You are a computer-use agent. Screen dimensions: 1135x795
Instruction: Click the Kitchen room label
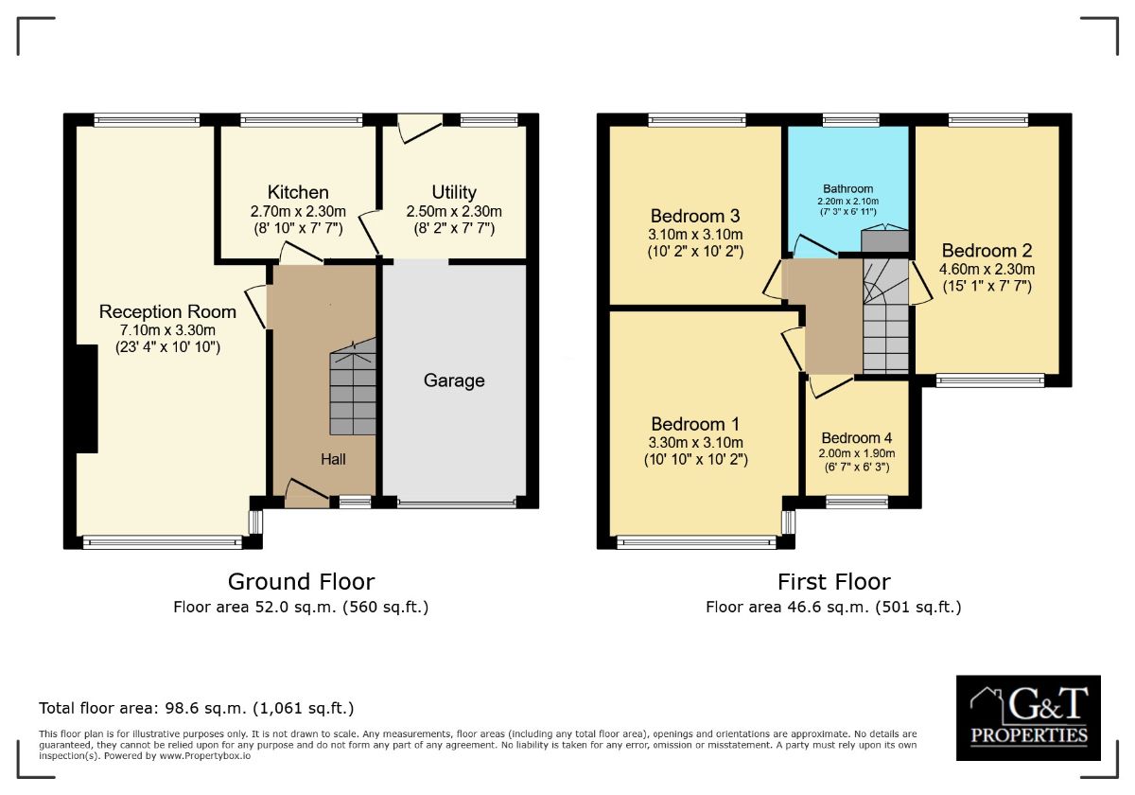pos(298,193)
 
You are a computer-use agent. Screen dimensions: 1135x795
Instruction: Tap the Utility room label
pos(454,193)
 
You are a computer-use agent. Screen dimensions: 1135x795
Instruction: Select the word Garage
pos(454,380)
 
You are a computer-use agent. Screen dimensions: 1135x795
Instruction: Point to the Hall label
pos(333,459)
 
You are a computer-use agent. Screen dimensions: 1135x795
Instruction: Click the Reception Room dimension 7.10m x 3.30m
pos(167,330)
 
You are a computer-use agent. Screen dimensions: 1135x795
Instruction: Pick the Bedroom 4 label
pos(857,438)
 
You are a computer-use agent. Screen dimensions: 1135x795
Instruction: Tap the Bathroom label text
pos(848,189)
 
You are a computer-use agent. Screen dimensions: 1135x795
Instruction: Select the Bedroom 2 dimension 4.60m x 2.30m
pos(987,269)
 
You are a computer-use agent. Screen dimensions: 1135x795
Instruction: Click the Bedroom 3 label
pos(695,217)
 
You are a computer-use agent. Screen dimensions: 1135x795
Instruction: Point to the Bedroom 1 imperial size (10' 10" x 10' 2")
pos(696,460)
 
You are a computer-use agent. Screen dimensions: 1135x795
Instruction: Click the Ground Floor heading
pos(302,582)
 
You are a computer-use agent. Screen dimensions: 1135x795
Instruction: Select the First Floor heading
pos(834,582)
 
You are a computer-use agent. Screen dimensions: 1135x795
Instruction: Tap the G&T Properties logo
pos(1029,717)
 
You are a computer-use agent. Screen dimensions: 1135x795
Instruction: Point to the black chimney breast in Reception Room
pos(87,399)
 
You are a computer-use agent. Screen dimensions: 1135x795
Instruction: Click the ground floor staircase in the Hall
pos(353,388)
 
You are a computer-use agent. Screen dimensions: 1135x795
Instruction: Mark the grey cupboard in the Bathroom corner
pos(885,241)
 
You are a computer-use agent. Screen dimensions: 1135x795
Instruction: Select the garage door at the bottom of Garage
pos(457,503)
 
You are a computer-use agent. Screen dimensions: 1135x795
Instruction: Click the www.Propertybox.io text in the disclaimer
pos(204,756)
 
